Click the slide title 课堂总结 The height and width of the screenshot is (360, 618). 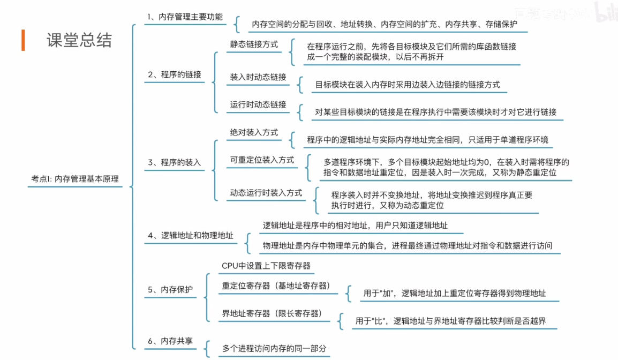tap(79, 41)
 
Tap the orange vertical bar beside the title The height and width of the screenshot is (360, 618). tap(23, 41)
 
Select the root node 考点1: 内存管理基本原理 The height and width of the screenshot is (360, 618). tap(75, 179)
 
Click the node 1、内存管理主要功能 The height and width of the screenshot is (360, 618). tap(185, 17)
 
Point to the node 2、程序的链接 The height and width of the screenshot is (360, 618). tap(175, 74)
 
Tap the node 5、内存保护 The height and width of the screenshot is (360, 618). tap(170, 290)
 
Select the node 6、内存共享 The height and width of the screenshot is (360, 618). tap(170, 340)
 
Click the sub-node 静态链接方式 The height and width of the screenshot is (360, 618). tap(254, 44)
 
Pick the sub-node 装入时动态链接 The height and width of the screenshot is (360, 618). tap(258, 77)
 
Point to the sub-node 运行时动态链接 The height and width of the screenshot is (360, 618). tap(258, 104)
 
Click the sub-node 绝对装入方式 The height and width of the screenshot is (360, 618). tap(254, 132)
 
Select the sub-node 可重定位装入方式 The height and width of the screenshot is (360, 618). tap(262, 160)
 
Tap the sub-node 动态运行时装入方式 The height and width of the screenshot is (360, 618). tap(266, 192)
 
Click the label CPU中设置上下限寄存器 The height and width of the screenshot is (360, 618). tap(266, 266)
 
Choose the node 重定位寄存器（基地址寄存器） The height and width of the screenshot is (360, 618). tap(275, 286)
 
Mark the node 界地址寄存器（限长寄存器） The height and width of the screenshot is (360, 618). tap(272, 313)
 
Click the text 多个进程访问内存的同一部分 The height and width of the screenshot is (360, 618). tap(274, 348)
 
